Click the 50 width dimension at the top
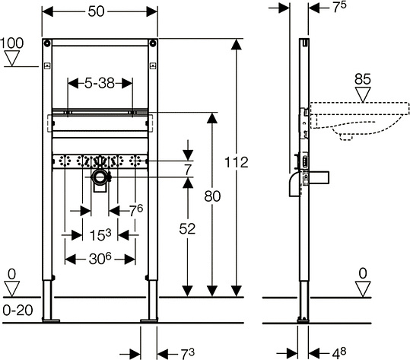point(96,11)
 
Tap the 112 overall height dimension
point(237,162)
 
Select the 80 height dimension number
point(212,196)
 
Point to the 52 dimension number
point(187,229)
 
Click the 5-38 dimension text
point(100,84)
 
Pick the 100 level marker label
point(11,43)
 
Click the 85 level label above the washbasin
point(363,79)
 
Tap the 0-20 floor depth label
point(17,311)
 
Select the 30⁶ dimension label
point(100,259)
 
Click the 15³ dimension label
point(100,234)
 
